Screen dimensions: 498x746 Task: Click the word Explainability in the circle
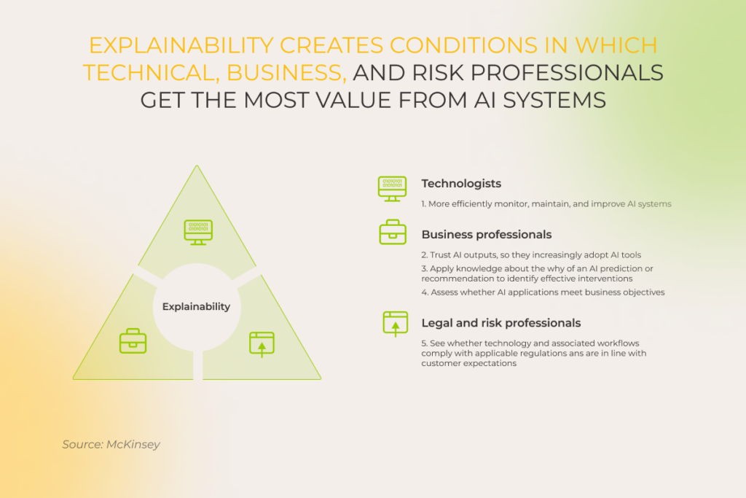[x=196, y=307]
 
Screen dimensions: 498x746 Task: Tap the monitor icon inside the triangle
[x=198, y=232]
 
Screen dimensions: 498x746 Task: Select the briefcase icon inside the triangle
[x=133, y=341]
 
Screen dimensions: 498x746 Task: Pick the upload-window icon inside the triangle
[x=262, y=343]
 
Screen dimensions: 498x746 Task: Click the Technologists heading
[x=461, y=184]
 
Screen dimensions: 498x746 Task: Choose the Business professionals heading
[x=486, y=235]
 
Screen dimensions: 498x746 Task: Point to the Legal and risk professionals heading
[x=500, y=323]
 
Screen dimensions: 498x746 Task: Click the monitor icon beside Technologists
[x=392, y=188]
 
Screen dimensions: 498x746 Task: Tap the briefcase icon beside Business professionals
[x=392, y=233]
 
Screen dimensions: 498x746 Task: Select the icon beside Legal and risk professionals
[x=395, y=324]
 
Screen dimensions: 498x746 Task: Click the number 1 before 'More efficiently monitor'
[x=423, y=204]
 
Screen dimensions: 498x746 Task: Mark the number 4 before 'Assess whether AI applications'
[x=423, y=292]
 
